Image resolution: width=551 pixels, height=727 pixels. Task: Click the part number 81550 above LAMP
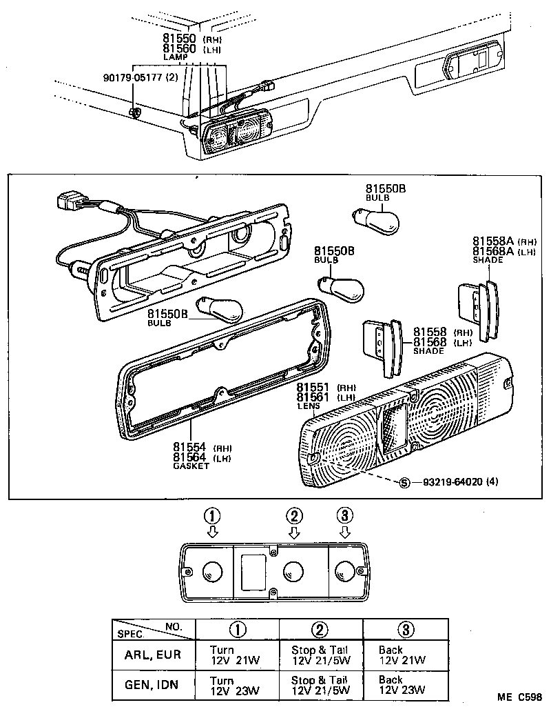[180, 39]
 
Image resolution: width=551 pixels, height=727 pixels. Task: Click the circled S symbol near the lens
[404, 481]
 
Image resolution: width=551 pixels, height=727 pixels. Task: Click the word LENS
[307, 407]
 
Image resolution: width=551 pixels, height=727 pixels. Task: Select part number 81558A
[492, 241]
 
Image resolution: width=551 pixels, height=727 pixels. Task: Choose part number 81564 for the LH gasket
[190, 457]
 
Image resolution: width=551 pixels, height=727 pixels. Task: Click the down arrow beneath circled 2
[294, 532]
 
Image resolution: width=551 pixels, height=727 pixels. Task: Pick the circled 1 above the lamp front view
[213, 515]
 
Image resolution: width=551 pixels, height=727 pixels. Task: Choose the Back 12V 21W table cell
[403, 655]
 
